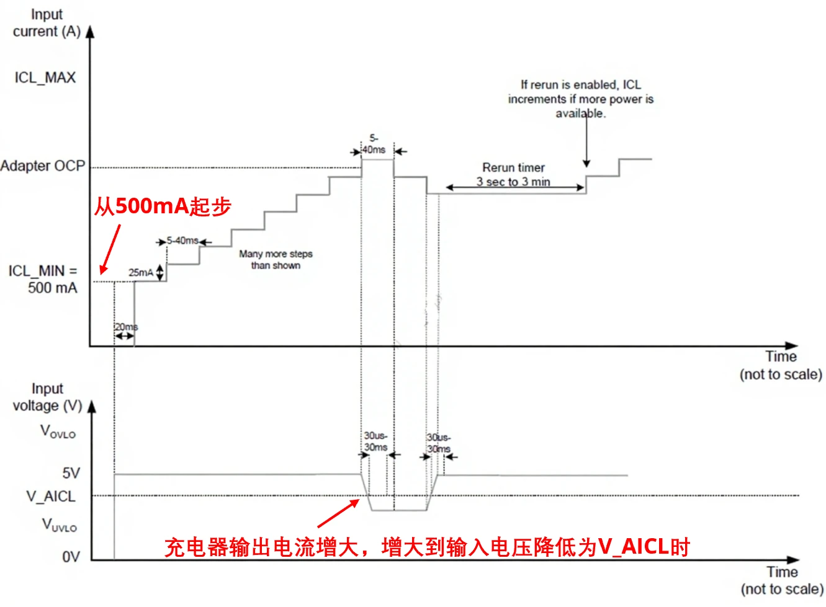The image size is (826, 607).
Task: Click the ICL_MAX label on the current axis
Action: click(45, 78)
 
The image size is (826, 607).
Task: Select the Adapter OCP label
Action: click(42, 166)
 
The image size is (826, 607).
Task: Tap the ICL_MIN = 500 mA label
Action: click(43, 279)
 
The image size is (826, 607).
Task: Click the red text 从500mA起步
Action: click(163, 206)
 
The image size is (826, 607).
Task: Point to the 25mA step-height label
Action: click(140, 272)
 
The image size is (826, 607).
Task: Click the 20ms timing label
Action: click(126, 327)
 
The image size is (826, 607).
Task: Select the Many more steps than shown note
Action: click(276, 259)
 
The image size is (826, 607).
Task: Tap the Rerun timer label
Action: click(513, 167)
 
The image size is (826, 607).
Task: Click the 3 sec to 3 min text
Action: click(513, 182)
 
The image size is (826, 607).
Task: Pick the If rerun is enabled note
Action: click(580, 99)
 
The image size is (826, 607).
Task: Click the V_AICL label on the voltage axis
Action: click(50, 496)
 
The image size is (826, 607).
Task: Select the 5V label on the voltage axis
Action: click(71, 473)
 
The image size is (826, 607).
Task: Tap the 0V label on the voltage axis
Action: click(71, 557)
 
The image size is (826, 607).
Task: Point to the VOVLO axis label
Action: click(58, 431)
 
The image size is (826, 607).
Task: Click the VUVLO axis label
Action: click(59, 525)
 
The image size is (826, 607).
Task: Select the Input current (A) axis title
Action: click(47, 23)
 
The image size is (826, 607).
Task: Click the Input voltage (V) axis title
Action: click(47, 397)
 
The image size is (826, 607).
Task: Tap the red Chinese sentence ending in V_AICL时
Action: click(427, 547)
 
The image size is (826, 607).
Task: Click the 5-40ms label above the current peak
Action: click(374, 144)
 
